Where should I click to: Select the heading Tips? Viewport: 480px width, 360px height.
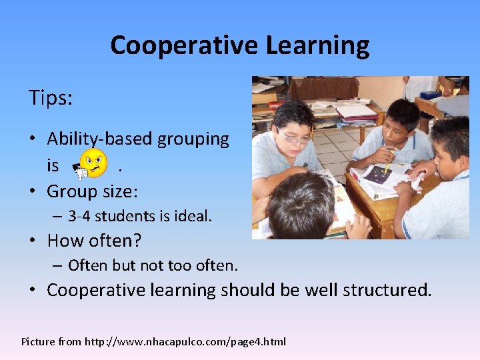pos(51,98)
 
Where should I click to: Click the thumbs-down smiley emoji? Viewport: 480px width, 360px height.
pos(91,164)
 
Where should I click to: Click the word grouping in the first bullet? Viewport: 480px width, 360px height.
pos(193,139)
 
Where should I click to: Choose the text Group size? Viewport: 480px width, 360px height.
pos(92,192)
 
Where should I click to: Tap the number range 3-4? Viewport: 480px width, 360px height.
pos(81,216)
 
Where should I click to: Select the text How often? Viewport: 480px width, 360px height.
pos(94,241)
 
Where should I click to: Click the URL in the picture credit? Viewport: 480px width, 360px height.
pos(185,342)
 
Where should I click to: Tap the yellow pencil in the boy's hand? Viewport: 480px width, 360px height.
pos(389,162)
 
